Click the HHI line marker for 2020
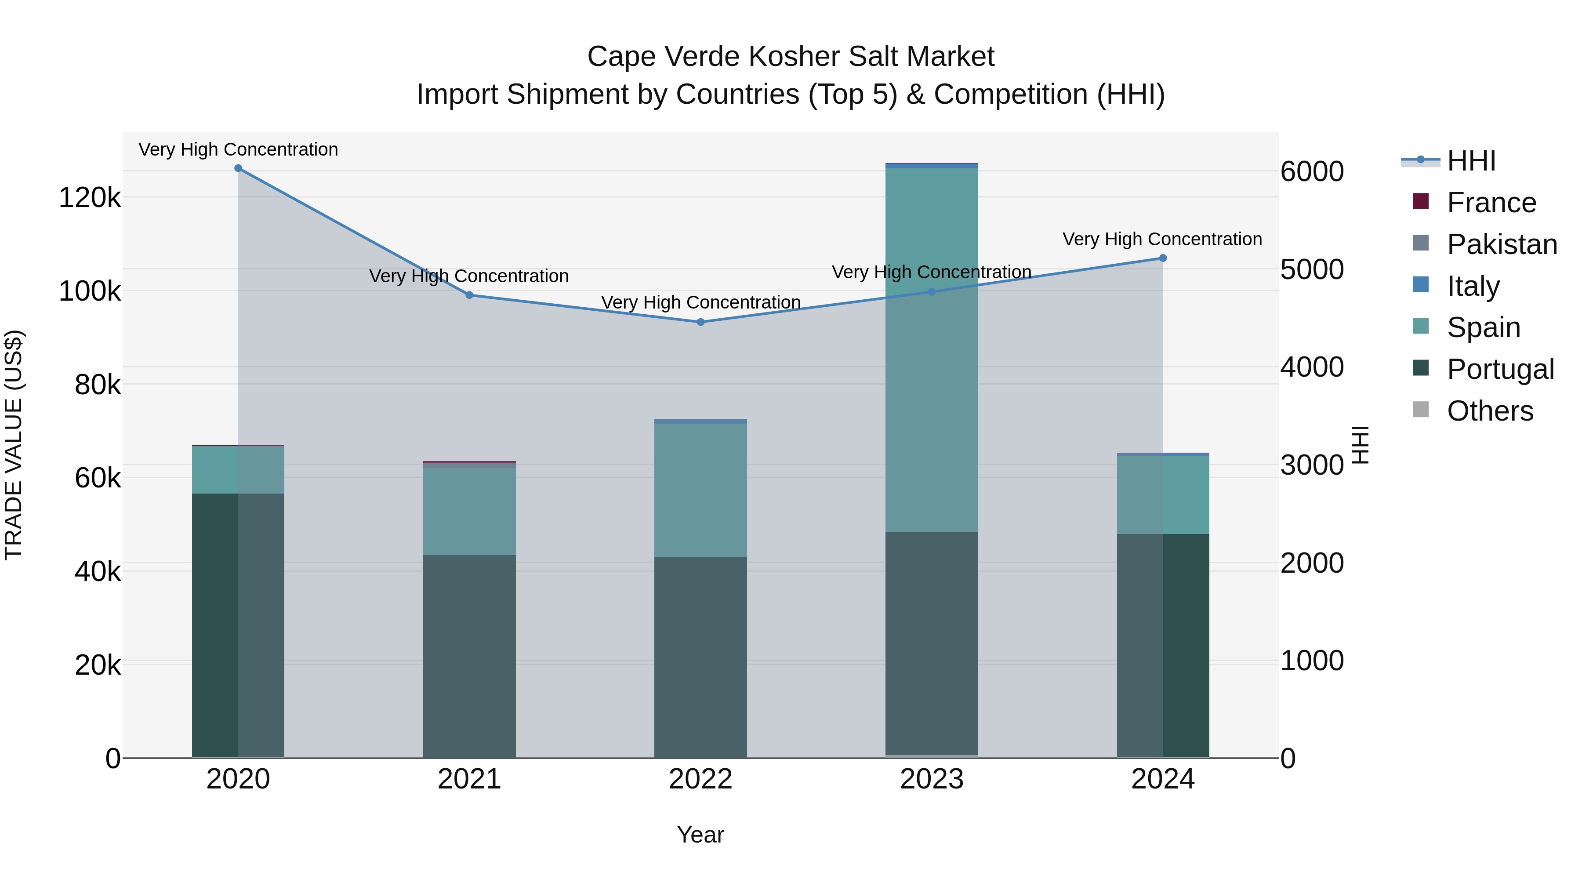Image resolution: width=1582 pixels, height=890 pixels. [238, 168]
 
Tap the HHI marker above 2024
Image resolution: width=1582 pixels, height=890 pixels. [1162, 258]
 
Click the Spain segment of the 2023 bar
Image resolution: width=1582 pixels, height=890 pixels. [931, 350]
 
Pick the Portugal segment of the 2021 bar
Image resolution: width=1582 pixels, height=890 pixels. [469, 656]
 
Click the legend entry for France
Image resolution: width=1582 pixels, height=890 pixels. [1491, 203]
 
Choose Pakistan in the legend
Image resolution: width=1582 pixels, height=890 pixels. [1502, 244]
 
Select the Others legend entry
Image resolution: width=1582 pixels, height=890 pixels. [1490, 411]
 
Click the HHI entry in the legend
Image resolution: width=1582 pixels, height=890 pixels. [1471, 161]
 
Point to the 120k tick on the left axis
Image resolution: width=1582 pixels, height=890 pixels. [90, 198]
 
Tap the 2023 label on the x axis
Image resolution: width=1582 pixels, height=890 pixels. [931, 779]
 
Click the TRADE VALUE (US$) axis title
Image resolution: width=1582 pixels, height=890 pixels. [14, 445]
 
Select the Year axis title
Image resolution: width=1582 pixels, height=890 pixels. [700, 835]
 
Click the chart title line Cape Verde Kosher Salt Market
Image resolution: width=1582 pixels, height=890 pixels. [791, 57]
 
